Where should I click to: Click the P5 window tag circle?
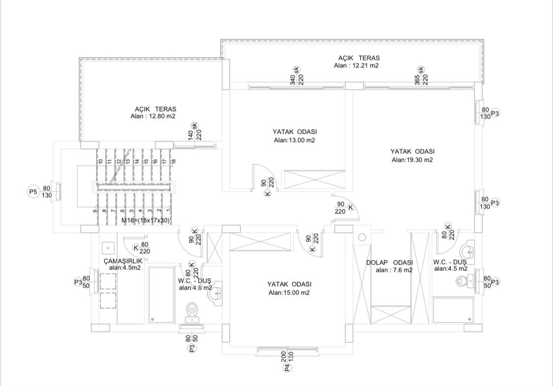pyautogui.click(x=33, y=192)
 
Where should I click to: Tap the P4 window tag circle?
pyautogui.click(x=288, y=368)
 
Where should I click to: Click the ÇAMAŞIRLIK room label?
pyautogui.click(x=123, y=261)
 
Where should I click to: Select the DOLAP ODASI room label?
pyautogui.click(x=389, y=263)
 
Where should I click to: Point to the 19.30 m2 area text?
pyautogui.click(x=412, y=160)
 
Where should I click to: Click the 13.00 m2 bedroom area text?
pyautogui.click(x=294, y=140)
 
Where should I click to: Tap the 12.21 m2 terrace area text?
pyautogui.click(x=356, y=65)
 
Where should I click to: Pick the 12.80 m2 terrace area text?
pyautogui.click(x=153, y=116)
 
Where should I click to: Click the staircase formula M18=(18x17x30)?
pyautogui.click(x=146, y=220)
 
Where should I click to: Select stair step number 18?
pyautogui.click(x=174, y=161)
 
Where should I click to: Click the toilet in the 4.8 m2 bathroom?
pyautogui.click(x=192, y=311)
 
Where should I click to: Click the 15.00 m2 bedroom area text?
pyautogui.click(x=289, y=293)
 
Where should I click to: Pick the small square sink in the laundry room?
pyautogui.click(x=108, y=248)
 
